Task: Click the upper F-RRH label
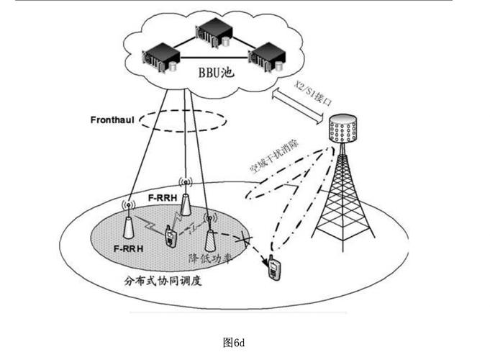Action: tap(160, 196)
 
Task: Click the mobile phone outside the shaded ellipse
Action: tap(274, 268)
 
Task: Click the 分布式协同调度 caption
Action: tap(163, 280)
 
